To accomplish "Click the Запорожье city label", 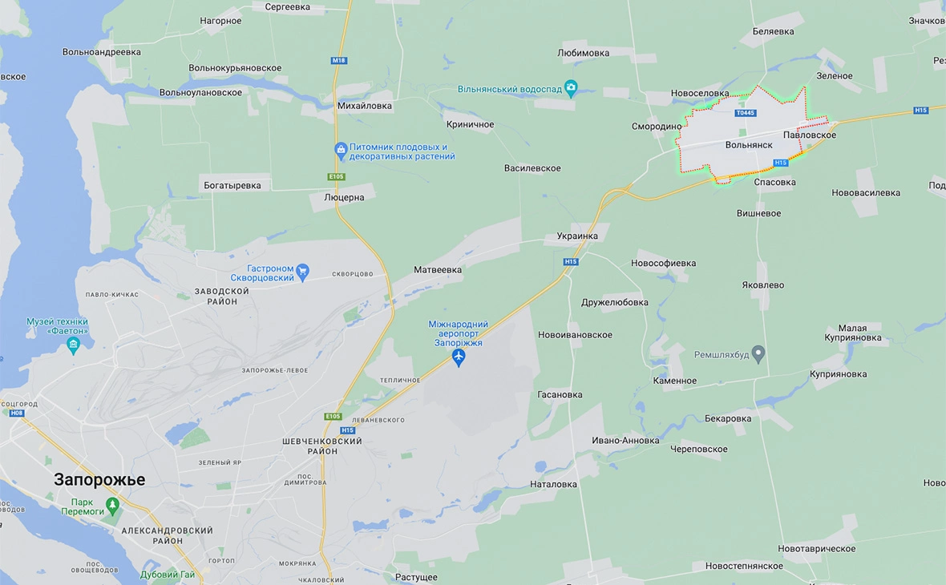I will pos(99,479).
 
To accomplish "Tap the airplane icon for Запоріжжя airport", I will pos(459,357).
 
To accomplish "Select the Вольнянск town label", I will pos(749,145).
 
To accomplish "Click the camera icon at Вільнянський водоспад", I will pos(571,88).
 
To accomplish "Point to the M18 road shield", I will pos(338,61).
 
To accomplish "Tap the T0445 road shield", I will pos(745,113).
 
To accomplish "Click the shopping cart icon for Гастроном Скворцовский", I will pos(302,272).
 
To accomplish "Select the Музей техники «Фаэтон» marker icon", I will pos(74,345).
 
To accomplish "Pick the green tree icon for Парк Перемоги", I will pos(112,506).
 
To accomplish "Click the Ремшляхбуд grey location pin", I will pos(758,353).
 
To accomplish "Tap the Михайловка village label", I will pos(365,105).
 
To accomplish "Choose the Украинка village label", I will pos(577,236).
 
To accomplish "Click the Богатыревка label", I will pos(232,185).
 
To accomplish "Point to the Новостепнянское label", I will pos(744,566).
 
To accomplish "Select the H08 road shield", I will pos(17,414).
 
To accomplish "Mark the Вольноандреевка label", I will pos(102,52).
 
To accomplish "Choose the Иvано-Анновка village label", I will pos(625,440).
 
